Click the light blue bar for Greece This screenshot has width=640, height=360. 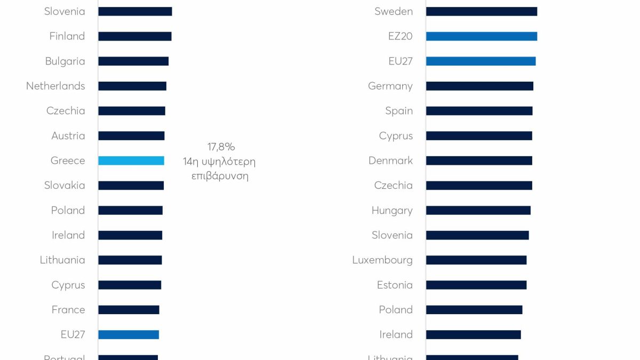coord(131,161)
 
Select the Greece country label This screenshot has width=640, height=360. coord(68,161)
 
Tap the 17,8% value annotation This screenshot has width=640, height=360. coord(221,147)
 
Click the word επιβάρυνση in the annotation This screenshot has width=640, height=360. coord(220,176)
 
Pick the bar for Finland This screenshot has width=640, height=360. coord(135,36)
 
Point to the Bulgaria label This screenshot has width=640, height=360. coord(65,61)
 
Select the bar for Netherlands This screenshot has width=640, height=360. coord(132,86)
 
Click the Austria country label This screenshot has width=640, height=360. coord(68,136)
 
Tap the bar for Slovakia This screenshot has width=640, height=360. coord(131,186)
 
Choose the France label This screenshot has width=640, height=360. coord(68,310)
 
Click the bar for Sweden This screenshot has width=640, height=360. coord(482,11)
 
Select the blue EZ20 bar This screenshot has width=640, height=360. coord(482,36)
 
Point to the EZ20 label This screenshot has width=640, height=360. coord(400,36)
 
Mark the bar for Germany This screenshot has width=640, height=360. coord(479,86)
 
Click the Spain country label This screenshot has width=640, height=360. coord(399,111)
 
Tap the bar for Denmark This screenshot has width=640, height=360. coord(479,161)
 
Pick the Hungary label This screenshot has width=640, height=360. coord(392,211)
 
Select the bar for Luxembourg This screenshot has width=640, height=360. coord(476,260)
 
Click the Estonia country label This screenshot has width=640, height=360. coord(395,285)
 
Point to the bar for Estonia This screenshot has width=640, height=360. coord(476,285)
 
